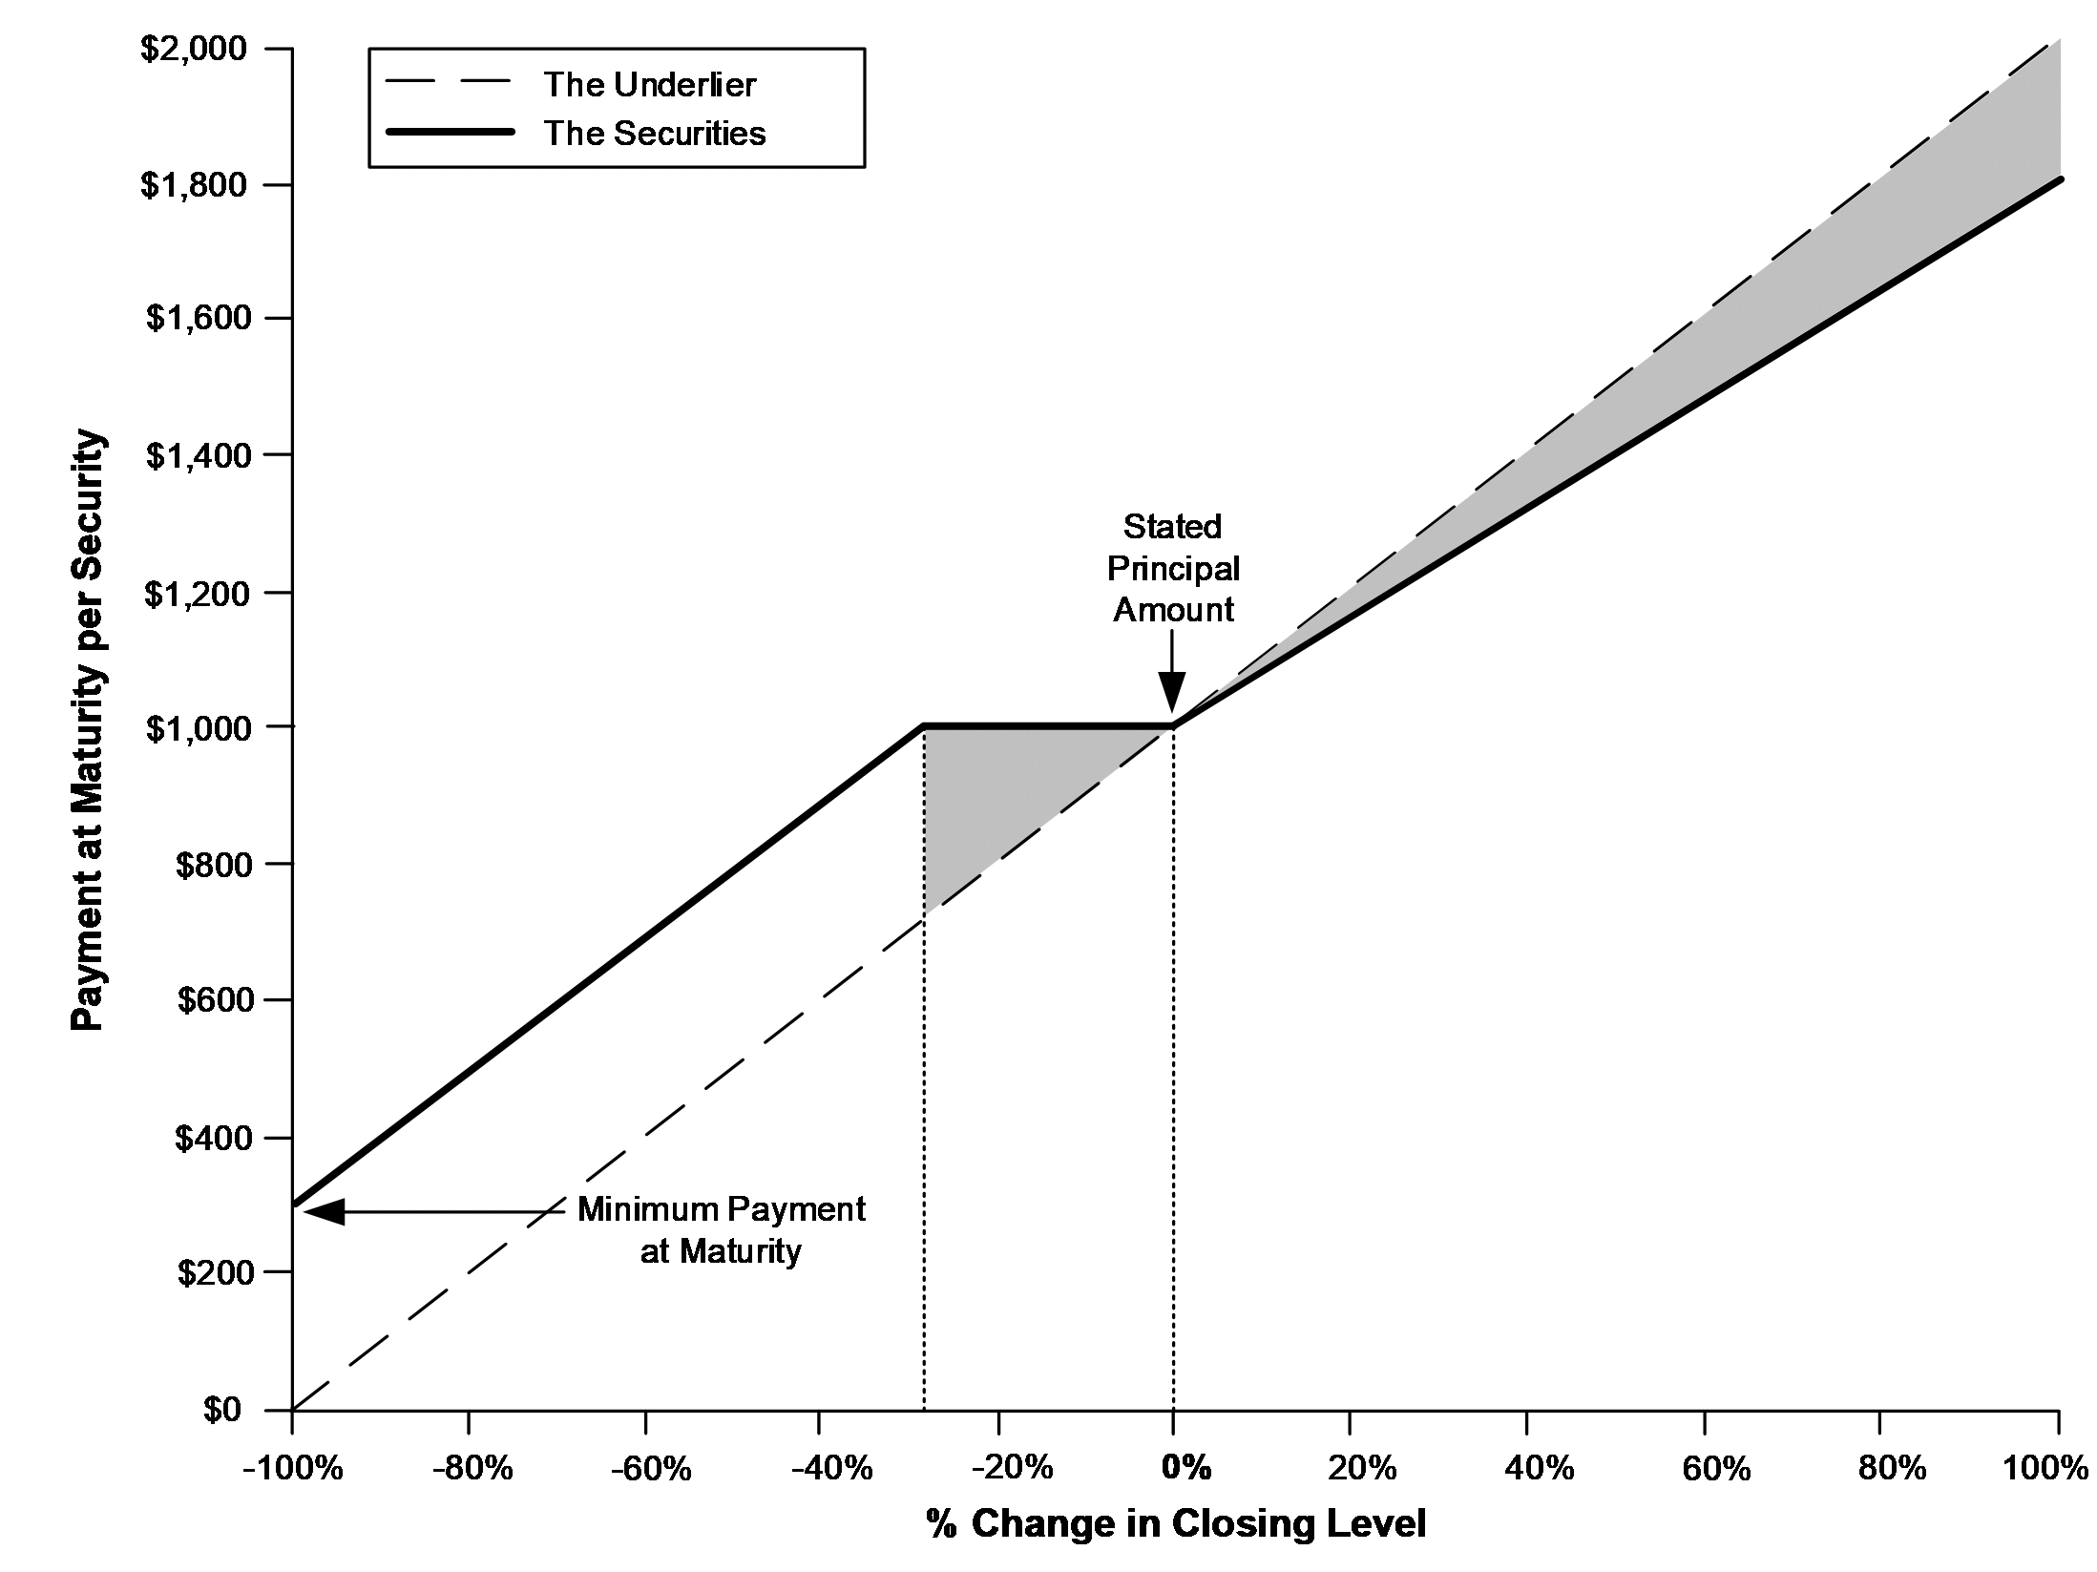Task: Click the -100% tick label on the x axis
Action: pyautogui.click(x=291, y=1467)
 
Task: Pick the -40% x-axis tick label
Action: pyautogui.click(x=820, y=1467)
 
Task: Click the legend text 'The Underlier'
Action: pyautogui.click(x=649, y=85)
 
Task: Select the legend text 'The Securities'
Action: pyautogui.click(x=654, y=133)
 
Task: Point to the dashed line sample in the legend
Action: pyautogui.click(x=449, y=84)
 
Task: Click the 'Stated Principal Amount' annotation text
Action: pyautogui.click(x=1173, y=568)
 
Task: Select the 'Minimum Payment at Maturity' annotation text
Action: pyautogui.click(x=721, y=1229)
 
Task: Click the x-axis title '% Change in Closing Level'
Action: pyautogui.click(x=1175, y=1524)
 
